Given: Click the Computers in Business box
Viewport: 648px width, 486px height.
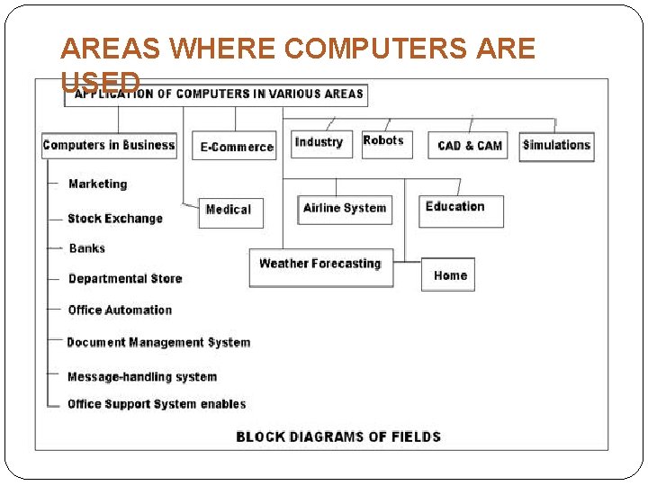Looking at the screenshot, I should pos(109,145).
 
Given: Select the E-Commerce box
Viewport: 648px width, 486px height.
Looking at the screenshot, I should pos(236,146).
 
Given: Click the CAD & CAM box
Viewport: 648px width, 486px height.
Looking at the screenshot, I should pos(470,146).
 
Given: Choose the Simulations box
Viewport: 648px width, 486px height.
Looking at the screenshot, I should pos(556,146).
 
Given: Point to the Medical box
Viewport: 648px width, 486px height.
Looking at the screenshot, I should pos(230,211).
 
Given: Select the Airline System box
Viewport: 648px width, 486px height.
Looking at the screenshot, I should pos(345,209).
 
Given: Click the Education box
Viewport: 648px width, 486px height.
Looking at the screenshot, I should pos(460,210).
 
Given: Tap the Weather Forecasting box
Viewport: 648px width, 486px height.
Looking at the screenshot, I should pos(320,266).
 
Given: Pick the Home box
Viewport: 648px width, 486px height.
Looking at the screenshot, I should pos(448,274).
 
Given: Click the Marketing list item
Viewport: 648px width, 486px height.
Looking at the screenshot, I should pos(98,184).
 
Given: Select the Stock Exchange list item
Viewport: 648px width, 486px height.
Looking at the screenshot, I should pos(115,219).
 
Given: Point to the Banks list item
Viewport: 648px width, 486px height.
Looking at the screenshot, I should pos(87,248).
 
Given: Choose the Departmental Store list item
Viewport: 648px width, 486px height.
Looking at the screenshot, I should pos(125,279).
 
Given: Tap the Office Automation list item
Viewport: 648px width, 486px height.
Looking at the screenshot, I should pos(120,310).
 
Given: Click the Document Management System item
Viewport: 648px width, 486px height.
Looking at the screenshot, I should pos(158,343).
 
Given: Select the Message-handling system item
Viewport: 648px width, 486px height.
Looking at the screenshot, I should pos(142,377).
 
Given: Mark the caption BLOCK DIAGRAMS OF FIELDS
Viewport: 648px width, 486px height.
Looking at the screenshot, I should pos(338,437).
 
